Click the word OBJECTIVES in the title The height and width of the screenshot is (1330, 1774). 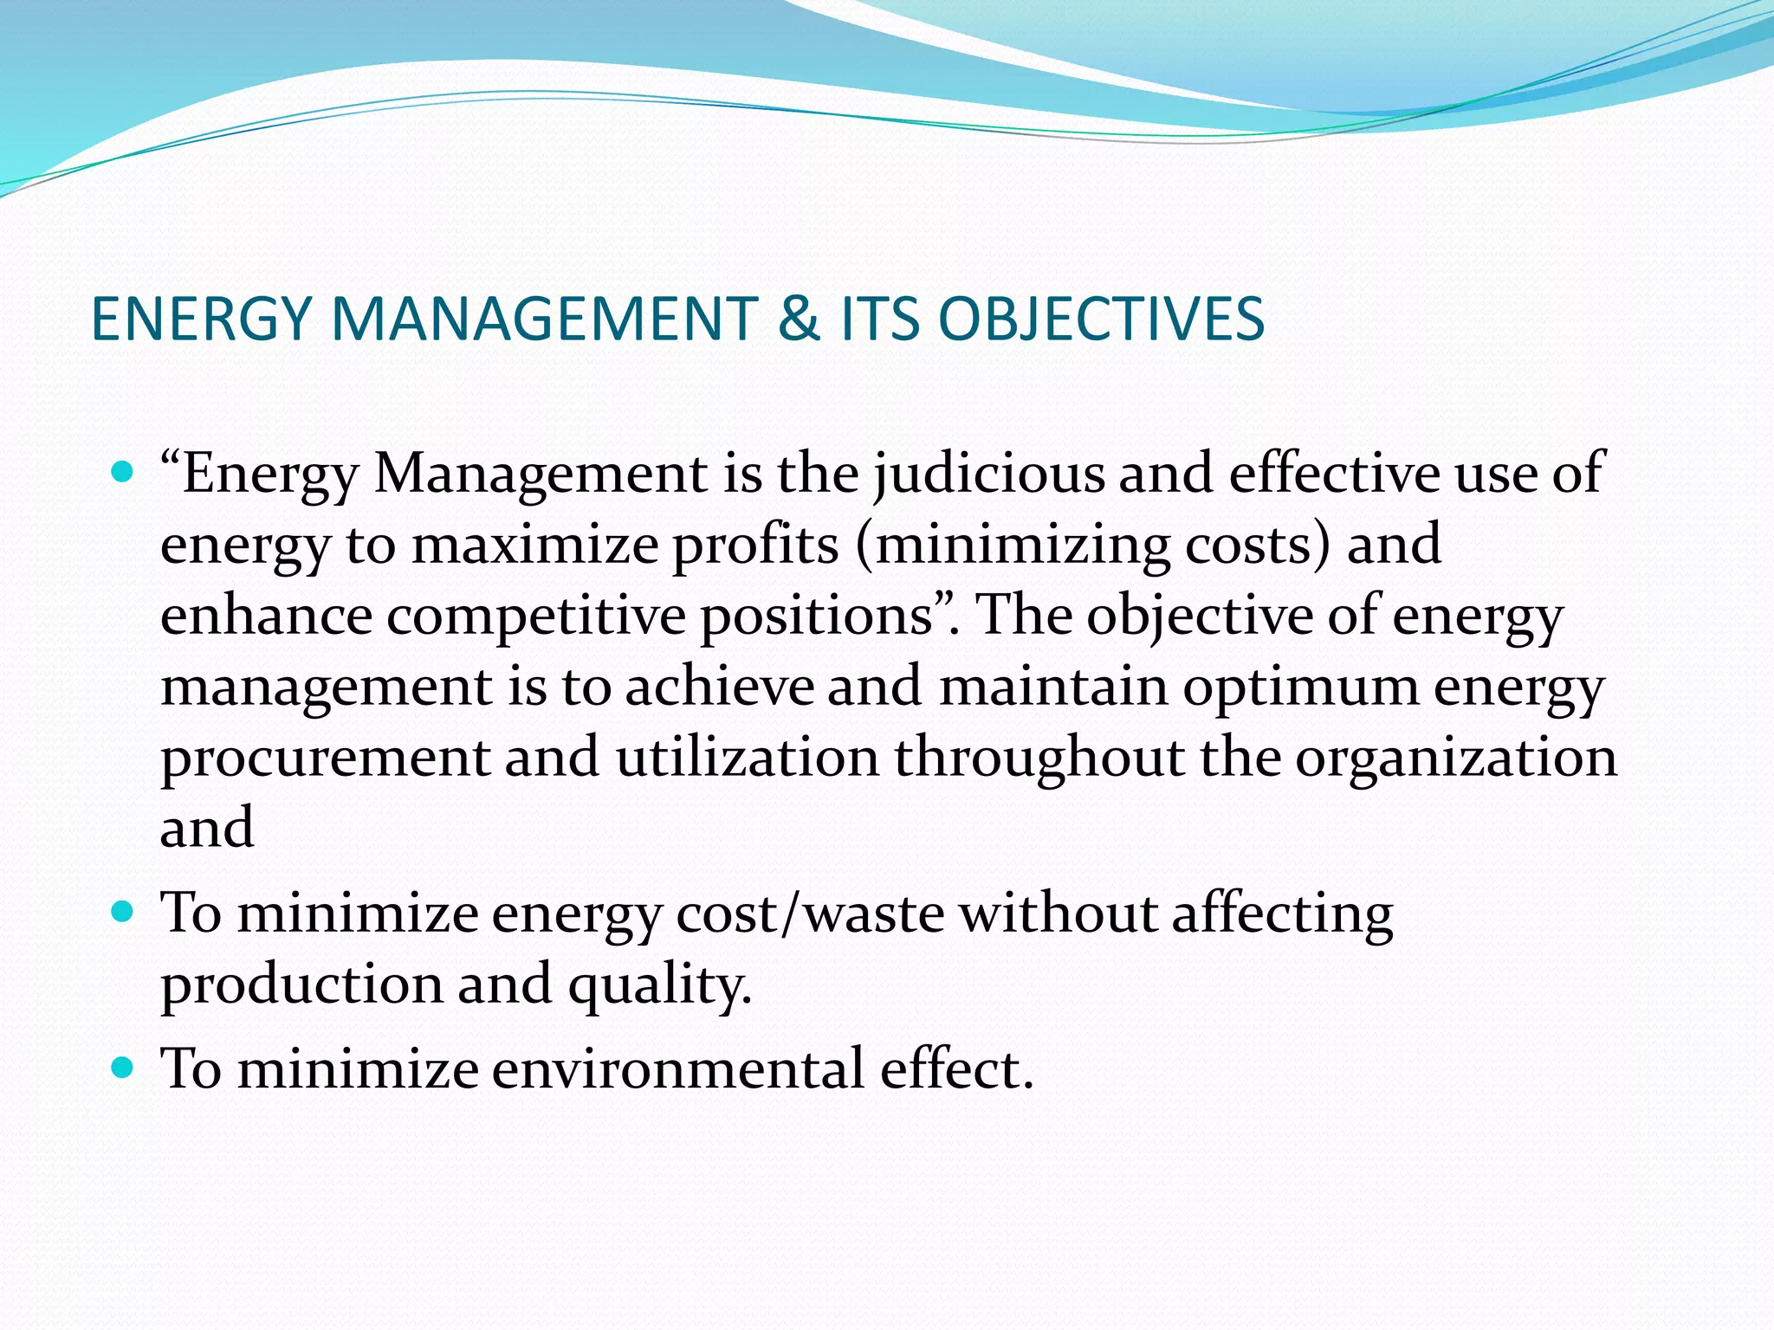tap(1101, 320)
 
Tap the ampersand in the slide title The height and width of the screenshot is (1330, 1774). tap(799, 320)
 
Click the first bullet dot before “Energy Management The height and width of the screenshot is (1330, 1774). tap(123, 472)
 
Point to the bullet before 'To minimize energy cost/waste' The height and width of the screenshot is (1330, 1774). tap(123, 912)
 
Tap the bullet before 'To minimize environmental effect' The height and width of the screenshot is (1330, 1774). tap(123, 1067)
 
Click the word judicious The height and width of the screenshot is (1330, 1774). tap(988, 475)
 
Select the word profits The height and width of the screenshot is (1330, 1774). tap(755, 546)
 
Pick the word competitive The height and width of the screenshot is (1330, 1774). tap(536, 617)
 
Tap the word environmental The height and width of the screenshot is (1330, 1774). tap(678, 1069)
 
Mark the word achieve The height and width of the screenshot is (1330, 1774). tap(720, 687)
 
